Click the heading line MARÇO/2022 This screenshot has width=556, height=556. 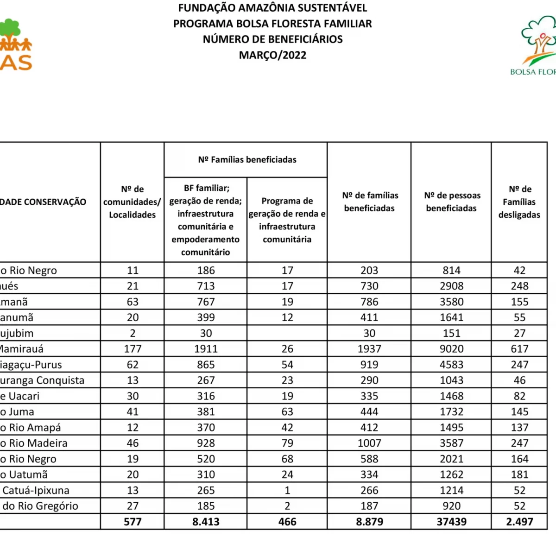[272, 55]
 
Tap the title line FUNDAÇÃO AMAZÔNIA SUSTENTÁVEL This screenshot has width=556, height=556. [272, 8]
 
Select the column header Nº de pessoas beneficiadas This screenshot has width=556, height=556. [452, 202]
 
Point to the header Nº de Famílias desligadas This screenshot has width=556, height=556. [519, 202]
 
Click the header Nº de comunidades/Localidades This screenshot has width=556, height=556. [133, 202]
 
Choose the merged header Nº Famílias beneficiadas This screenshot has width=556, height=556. [247, 159]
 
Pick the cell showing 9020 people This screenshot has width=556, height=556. [452, 349]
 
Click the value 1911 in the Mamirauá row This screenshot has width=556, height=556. [206, 349]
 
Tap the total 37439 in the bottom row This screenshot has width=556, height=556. [452, 522]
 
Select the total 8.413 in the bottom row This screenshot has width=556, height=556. [206, 522]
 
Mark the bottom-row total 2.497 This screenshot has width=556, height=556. [519, 522]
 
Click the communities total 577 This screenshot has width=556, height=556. [133, 522]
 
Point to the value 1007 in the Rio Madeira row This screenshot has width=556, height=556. [369, 443]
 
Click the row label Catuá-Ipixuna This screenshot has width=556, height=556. [36, 490]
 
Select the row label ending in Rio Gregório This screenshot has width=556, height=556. [40, 506]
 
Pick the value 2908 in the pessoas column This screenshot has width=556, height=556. [452, 286]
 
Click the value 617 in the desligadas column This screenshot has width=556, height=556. [519, 349]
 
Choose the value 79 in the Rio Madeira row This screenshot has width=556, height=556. [287, 443]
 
